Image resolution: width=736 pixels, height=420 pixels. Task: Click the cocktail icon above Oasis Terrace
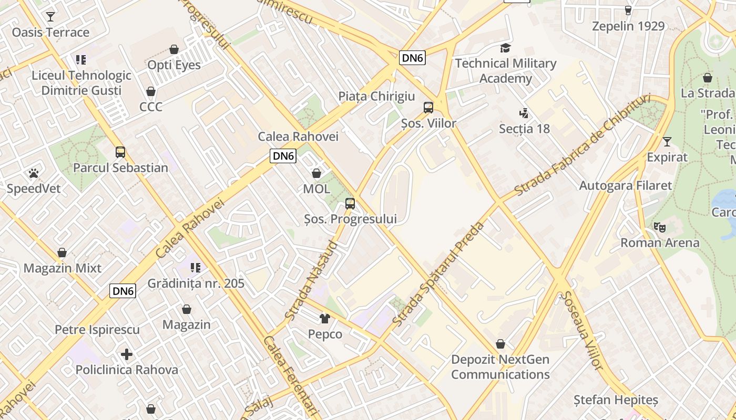pyautogui.click(x=50, y=17)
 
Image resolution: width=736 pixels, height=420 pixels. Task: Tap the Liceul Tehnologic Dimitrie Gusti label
pyautogui.click(x=81, y=82)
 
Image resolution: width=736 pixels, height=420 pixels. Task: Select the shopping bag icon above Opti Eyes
pyautogui.click(x=174, y=49)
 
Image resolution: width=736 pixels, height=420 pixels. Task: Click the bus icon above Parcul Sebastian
pyautogui.click(x=120, y=152)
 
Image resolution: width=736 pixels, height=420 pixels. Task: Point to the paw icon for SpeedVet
pyautogui.click(x=34, y=173)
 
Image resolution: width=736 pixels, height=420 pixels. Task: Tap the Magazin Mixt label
pyautogui.click(x=63, y=268)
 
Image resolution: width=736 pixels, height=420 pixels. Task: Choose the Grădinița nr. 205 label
pyautogui.click(x=196, y=283)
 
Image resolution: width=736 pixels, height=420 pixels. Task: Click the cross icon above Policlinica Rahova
pyautogui.click(x=126, y=354)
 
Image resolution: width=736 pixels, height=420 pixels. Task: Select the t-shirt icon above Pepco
pyautogui.click(x=325, y=318)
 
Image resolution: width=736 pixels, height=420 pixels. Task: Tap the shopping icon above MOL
pyautogui.click(x=316, y=173)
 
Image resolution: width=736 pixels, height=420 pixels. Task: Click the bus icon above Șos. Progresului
pyautogui.click(x=350, y=204)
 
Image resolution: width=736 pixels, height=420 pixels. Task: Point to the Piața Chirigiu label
pyautogui.click(x=376, y=97)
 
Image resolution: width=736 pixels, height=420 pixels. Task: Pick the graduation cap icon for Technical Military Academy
pyautogui.click(x=505, y=48)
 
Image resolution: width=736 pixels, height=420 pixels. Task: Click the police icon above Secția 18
pyautogui.click(x=524, y=113)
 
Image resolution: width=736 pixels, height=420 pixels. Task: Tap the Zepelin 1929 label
pyautogui.click(x=628, y=26)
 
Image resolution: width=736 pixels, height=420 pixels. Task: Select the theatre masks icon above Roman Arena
pyautogui.click(x=660, y=227)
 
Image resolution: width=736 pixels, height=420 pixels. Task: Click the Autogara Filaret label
pyautogui.click(x=625, y=185)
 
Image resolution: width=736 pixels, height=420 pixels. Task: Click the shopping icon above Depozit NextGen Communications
pyautogui.click(x=500, y=344)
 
